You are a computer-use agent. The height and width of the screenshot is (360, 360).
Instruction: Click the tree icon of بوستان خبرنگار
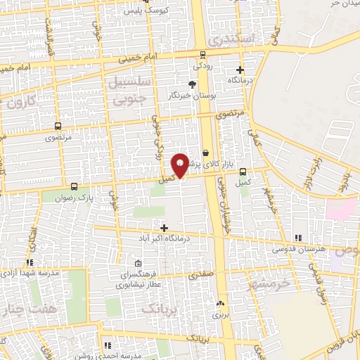193,84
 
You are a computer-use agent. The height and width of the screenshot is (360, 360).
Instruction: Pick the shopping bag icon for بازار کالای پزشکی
205,152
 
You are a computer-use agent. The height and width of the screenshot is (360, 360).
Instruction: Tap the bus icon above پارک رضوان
75,186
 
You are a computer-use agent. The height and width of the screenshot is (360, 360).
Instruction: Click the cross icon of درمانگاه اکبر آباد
165,228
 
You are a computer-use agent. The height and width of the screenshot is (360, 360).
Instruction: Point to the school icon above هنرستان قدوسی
298,238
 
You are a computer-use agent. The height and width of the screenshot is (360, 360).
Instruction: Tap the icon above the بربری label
221,303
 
